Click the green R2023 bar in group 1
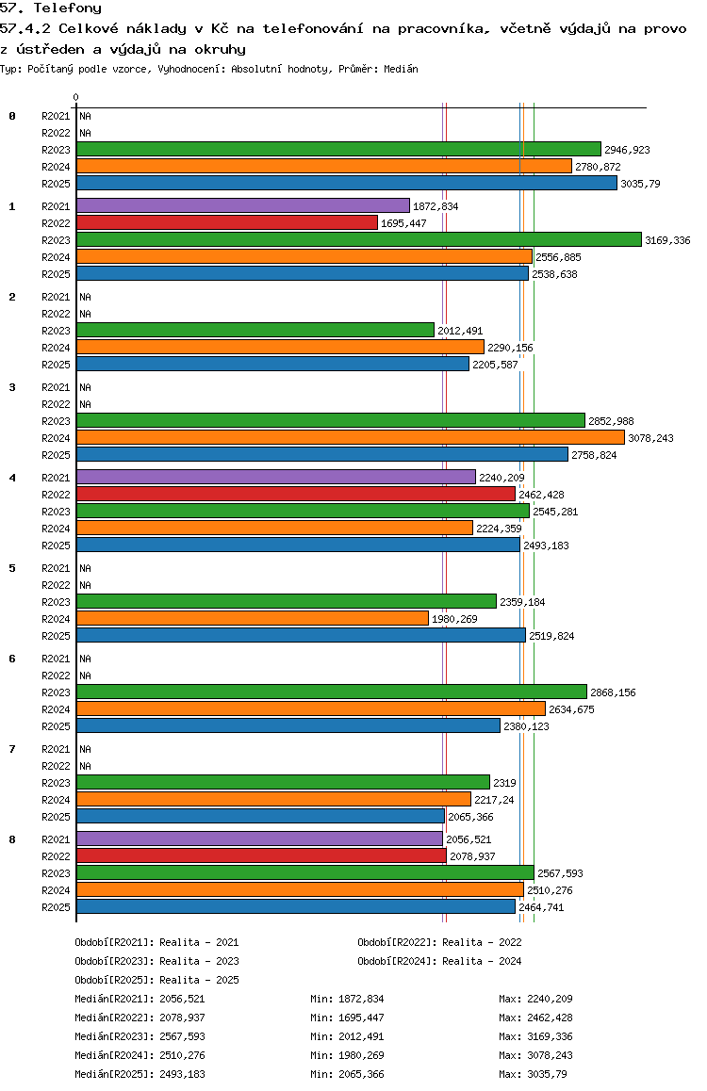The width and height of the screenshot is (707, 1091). [x=358, y=239]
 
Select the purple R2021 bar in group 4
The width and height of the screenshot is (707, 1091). [x=275, y=477]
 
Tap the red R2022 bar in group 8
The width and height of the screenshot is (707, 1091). [x=261, y=855]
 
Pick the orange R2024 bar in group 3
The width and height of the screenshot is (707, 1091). [x=350, y=437]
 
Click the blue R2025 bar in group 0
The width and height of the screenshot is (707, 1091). [x=346, y=183]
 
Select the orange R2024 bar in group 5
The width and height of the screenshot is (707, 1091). [x=252, y=618]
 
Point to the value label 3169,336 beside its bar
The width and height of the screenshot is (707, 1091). [x=667, y=240]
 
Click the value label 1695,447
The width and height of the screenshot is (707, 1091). [x=403, y=223]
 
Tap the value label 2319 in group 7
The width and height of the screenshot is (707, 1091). [x=504, y=783]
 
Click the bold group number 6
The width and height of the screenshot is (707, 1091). [x=12, y=659]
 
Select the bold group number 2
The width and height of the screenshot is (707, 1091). [x=12, y=297]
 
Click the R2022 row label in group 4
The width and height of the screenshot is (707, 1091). [x=57, y=495]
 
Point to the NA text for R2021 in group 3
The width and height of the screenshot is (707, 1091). [x=85, y=387]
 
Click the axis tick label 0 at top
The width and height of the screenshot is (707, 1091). [x=76, y=97]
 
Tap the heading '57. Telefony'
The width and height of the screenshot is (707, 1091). [x=51, y=8]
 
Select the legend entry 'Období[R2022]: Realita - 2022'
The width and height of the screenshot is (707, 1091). [x=439, y=941]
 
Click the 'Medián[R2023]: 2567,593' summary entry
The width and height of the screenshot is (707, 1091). [x=140, y=1035]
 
